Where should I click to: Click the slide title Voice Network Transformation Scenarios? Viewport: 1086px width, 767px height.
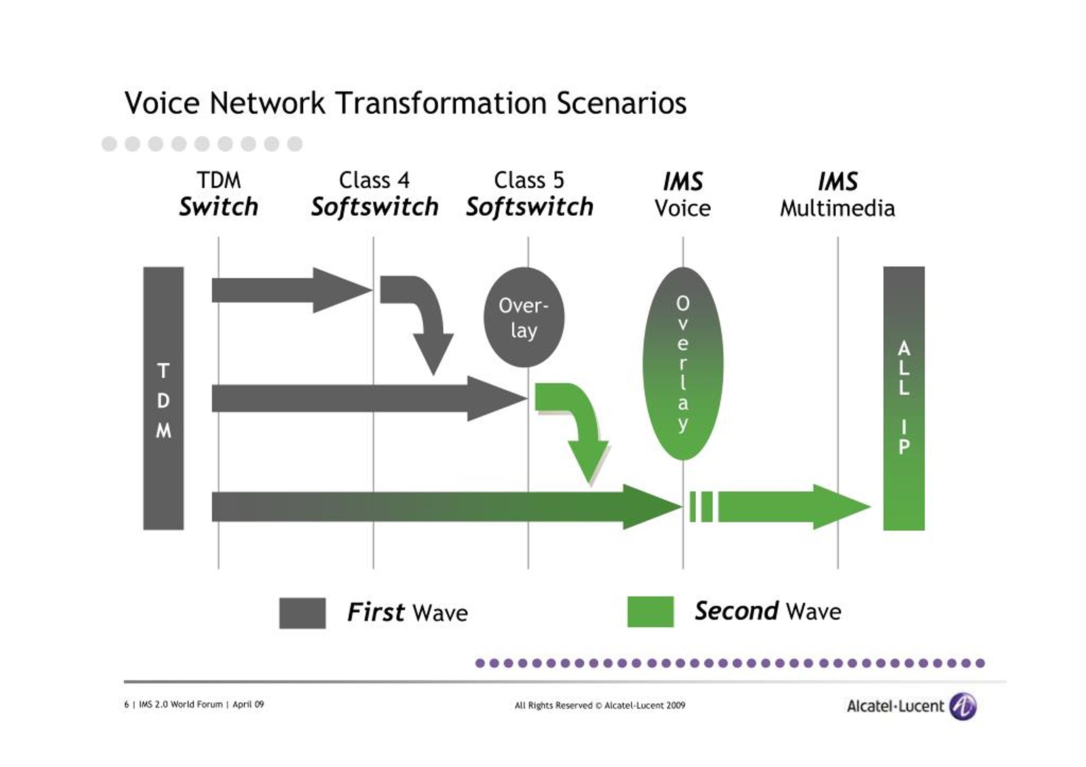pos(406,103)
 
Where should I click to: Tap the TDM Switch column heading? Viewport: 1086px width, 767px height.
pos(218,194)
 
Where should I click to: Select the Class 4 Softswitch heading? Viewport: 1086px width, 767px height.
pos(375,194)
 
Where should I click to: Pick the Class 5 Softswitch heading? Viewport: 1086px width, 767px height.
pos(530,194)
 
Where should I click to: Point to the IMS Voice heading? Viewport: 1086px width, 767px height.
pos(683,194)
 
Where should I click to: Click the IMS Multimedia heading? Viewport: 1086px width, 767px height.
pos(838,194)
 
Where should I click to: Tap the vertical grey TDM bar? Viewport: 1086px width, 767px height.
pos(164,398)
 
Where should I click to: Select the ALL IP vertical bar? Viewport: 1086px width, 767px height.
pos(904,398)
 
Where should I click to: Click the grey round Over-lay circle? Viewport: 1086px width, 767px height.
pos(524,317)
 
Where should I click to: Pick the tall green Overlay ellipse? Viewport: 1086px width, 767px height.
pos(683,363)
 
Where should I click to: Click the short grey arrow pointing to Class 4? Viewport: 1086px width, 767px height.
pos(292,290)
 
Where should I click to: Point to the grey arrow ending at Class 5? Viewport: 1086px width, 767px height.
pos(369,398)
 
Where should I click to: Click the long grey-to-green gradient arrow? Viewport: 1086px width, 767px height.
pos(447,507)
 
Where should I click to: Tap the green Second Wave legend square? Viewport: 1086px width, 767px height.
pos(650,612)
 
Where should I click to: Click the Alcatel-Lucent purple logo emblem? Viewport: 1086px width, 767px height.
pos(963,706)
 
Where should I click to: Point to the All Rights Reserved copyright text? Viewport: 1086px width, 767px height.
pos(600,705)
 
